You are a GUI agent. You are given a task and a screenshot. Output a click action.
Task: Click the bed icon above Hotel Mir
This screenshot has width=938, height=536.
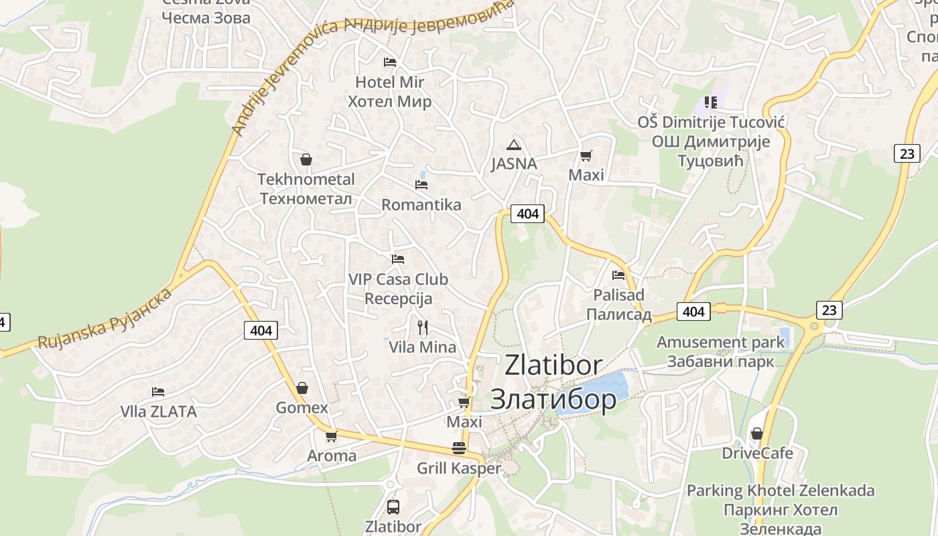[390, 62]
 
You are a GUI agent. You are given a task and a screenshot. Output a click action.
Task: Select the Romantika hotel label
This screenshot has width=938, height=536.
[421, 205]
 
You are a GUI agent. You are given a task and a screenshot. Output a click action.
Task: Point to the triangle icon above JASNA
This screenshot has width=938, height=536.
[514, 145]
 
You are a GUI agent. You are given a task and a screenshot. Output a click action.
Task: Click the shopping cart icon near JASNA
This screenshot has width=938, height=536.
[586, 156]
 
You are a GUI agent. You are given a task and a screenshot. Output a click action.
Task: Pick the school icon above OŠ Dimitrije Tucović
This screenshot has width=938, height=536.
[711, 103]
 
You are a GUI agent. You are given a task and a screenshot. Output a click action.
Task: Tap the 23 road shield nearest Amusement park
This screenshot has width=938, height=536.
[829, 310]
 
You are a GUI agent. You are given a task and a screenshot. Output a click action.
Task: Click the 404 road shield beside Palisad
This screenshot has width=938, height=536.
[693, 312]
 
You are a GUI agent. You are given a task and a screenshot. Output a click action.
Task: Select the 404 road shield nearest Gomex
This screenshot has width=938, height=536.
[261, 330]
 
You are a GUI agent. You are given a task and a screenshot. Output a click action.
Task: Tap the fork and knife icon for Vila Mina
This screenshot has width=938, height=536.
[423, 328]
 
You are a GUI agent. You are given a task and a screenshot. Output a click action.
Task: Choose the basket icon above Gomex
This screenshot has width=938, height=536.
[302, 388]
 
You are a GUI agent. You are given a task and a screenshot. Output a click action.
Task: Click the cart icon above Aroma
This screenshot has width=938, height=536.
[331, 436]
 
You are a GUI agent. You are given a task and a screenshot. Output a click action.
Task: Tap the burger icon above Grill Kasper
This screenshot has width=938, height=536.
[459, 448]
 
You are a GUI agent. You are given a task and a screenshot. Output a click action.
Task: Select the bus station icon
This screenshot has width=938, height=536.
[393, 507]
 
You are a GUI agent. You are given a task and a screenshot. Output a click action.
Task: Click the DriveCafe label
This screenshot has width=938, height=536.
[757, 454]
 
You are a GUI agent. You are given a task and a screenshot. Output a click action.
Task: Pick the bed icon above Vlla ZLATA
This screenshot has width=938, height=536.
[158, 392]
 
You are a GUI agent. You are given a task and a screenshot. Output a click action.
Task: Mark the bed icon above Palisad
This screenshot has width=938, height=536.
[618, 275]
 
